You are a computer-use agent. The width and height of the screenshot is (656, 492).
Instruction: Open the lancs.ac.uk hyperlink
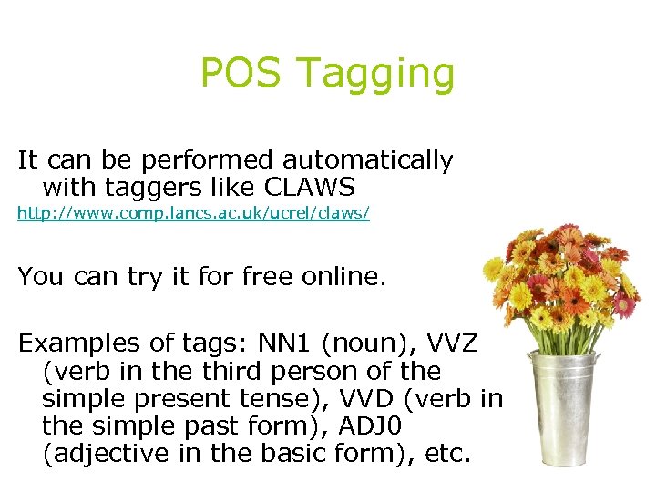pyautogui.click(x=193, y=217)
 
